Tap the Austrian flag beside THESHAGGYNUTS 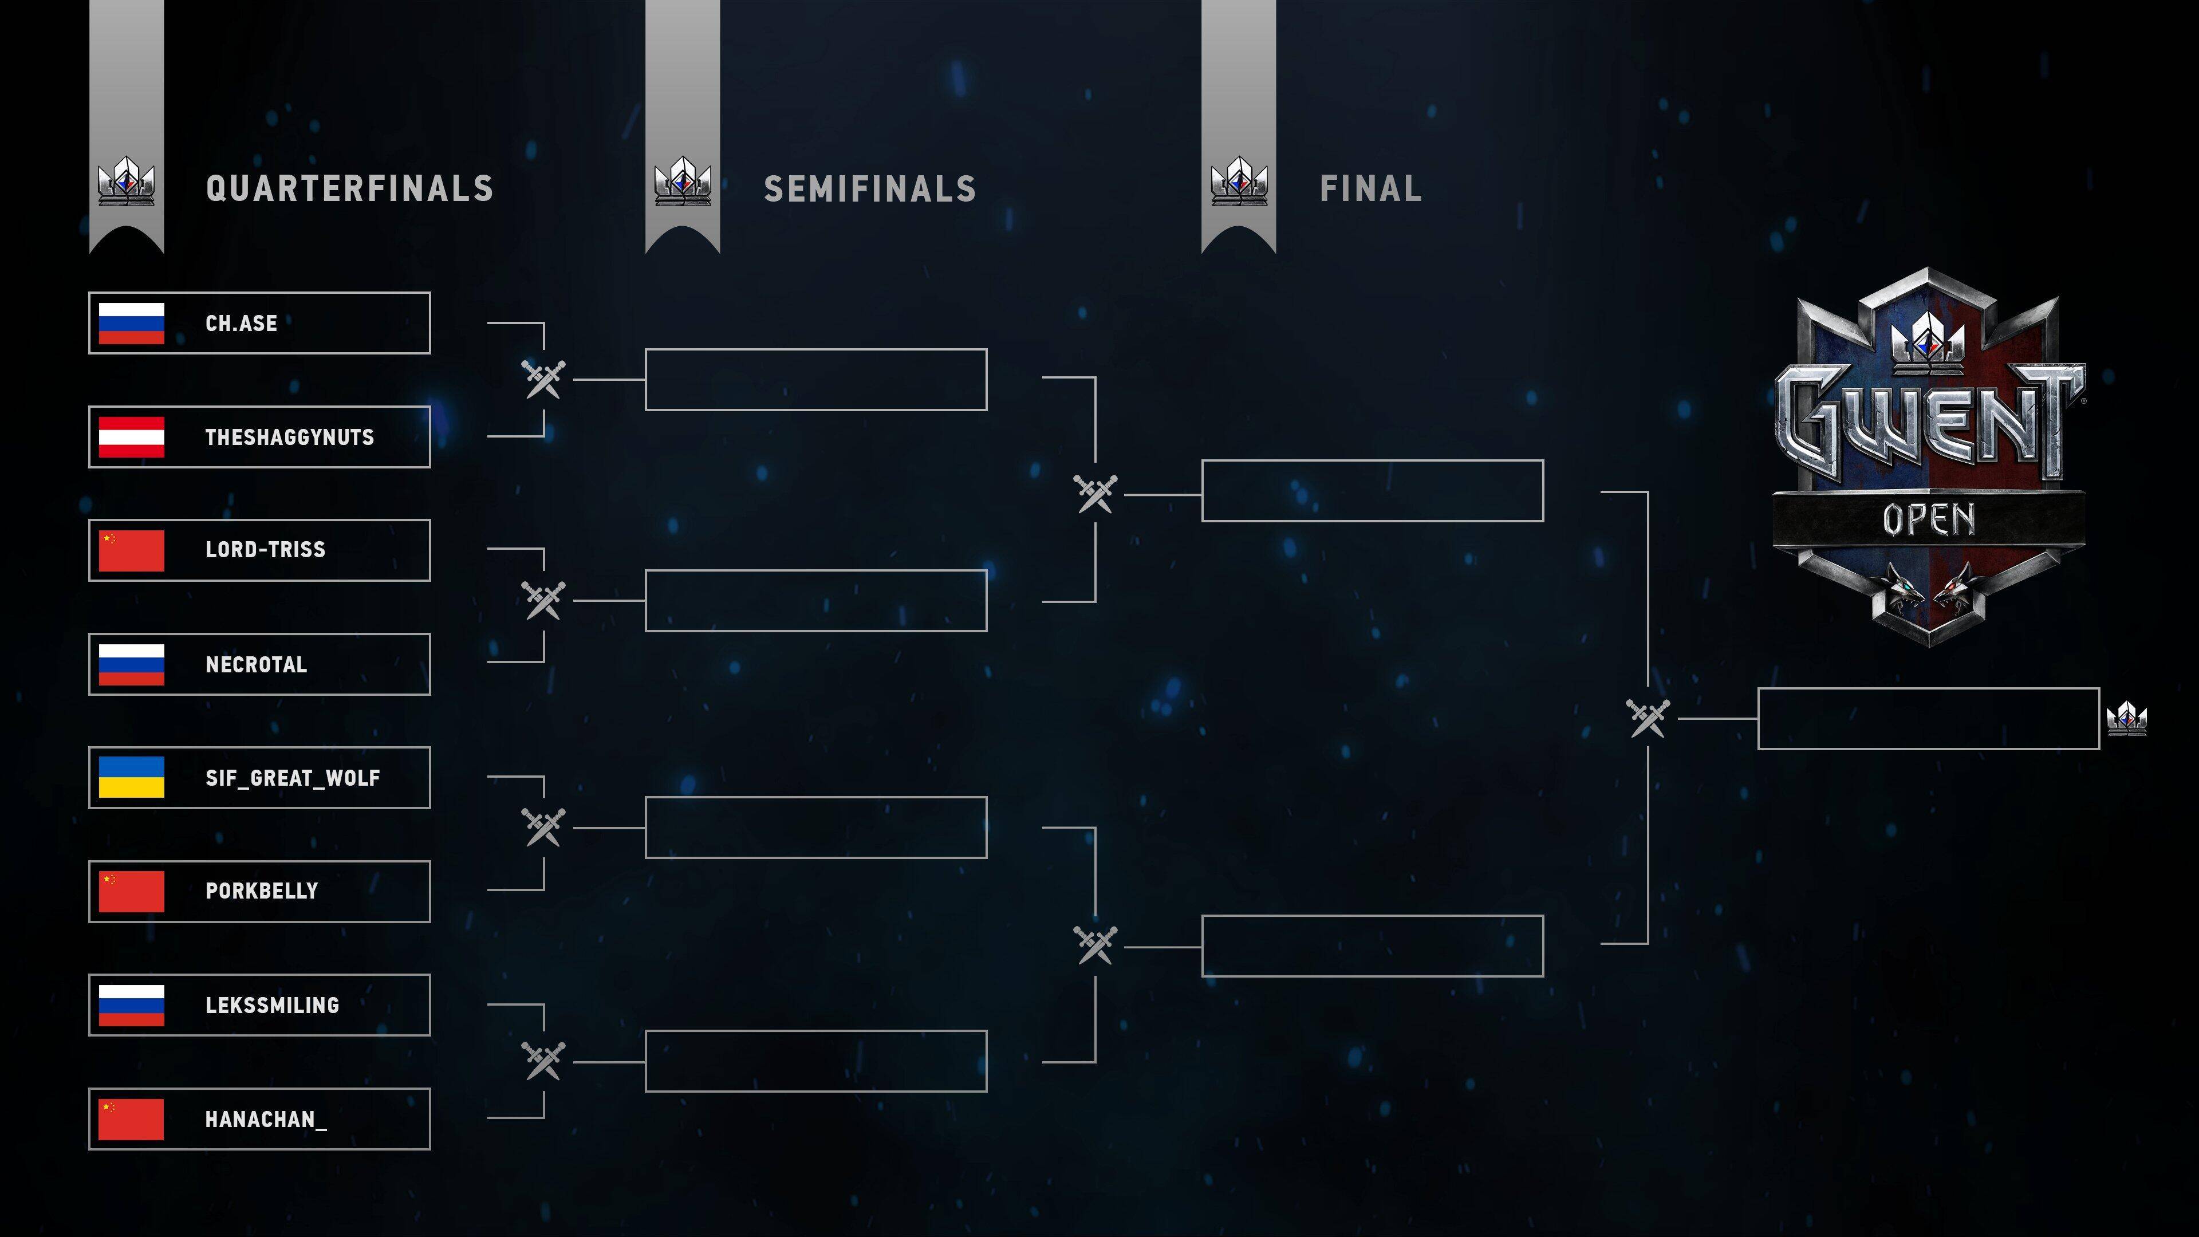pyautogui.click(x=132, y=437)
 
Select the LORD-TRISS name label pyautogui.click(x=266, y=550)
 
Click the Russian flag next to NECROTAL pyautogui.click(x=132, y=664)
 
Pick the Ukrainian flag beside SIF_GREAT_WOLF pyautogui.click(x=132, y=777)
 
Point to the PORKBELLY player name pyautogui.click(x=261, y=891)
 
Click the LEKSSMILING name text pyautogui.click(x=273, y=1006)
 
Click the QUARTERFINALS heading pyautogui.click(x=350, y=188)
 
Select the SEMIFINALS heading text pyautogui.click(x=870, y=188)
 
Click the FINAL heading pyautogui.click(x=1371, y=188)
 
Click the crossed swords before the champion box pyautogui.click(x=1648, y=718)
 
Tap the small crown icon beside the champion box pyautogui.click(x=2126, y=718)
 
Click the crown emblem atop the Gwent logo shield pyautogui.click(x=1928, y=340)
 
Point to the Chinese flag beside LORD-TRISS pyautogui.click(x=132, y=550)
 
